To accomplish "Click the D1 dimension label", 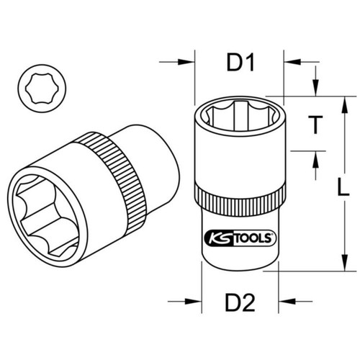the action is point(240,63).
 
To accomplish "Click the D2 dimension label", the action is point(240,303).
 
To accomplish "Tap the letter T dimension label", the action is point(315,125).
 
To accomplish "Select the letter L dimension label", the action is point(343,186).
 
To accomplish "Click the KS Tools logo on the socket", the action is point(240,238).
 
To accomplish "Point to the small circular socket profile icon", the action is point(42,88).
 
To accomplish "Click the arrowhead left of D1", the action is point(186,62).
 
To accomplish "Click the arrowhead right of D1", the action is point(292,62).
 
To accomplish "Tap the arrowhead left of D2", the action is point(193,301).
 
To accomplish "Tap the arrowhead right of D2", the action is point(287,301).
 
